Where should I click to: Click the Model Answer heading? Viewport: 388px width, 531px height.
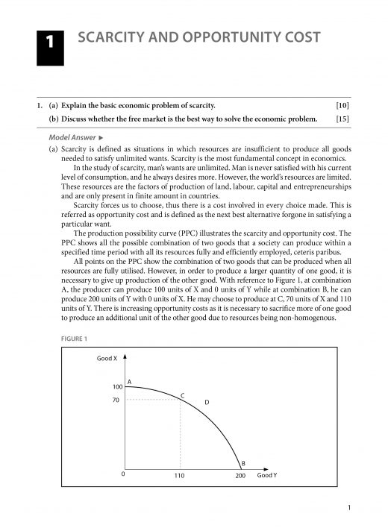(71, 138)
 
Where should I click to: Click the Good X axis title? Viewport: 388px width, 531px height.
(107, 359)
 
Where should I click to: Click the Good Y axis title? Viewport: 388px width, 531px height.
(267, 475)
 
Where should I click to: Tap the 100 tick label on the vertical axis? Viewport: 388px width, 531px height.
(116, 387)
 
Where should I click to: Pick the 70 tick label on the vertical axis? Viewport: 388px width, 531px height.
(116, 400)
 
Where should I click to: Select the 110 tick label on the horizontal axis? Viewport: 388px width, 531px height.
(179, 476)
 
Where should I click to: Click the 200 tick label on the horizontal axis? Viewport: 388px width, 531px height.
(240, 476)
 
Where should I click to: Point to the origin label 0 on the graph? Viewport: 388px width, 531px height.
(123, 475)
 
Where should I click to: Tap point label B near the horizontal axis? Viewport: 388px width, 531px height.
(243, 462)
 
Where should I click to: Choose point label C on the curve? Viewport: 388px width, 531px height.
(183, 394)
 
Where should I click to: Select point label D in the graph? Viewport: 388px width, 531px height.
(207, 403)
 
